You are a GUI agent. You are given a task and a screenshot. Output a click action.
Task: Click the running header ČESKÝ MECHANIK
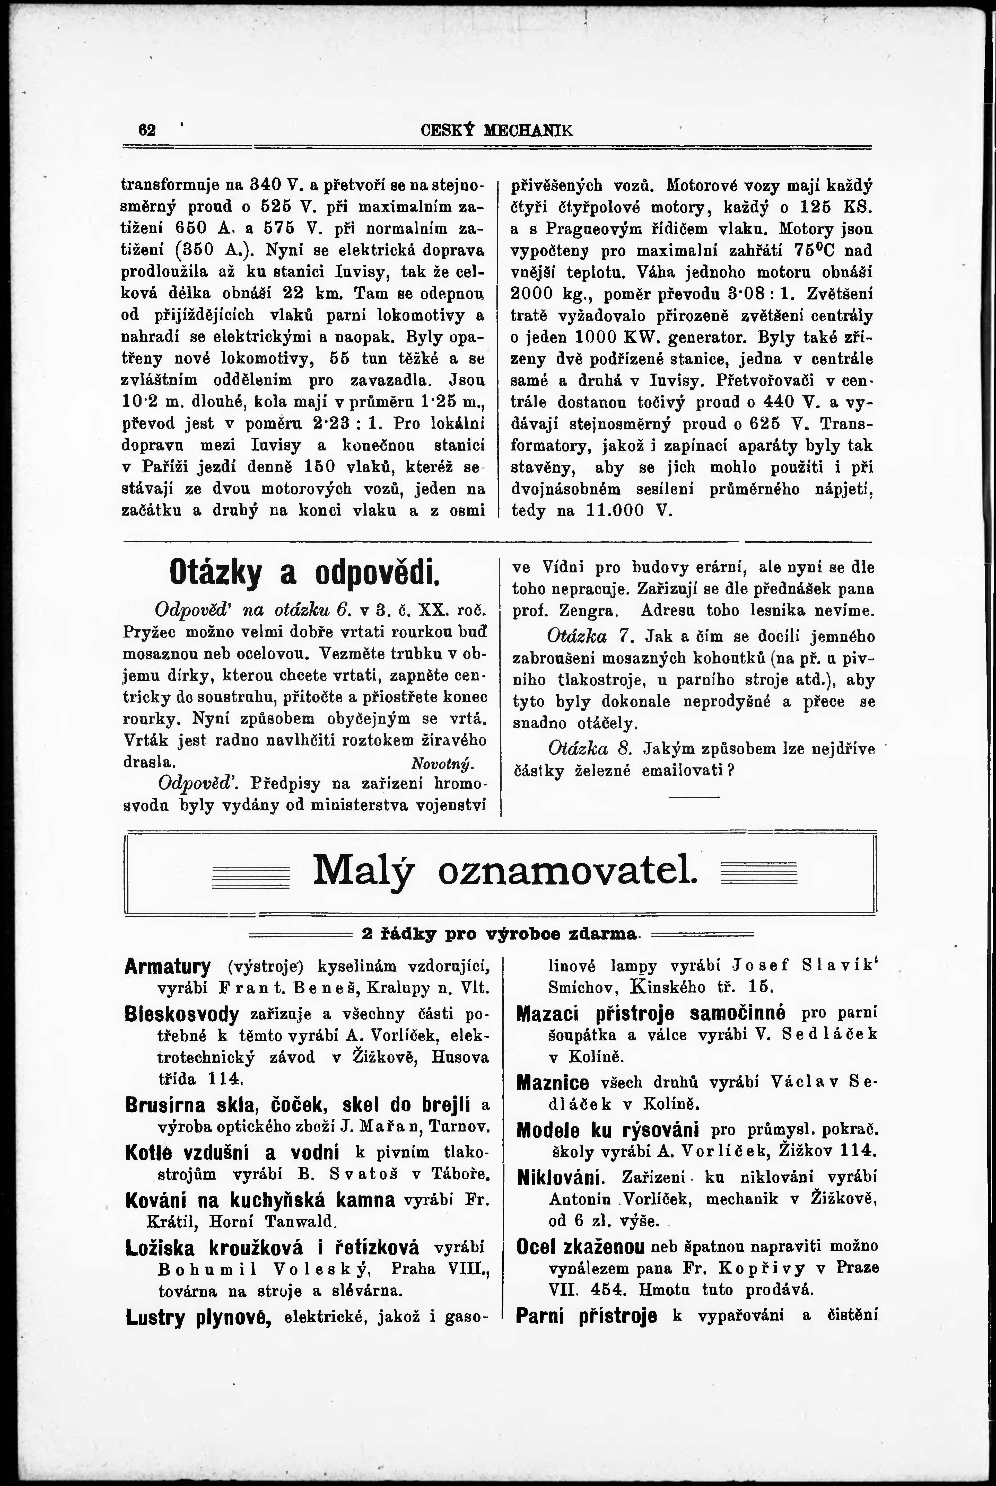pyautogui.click(x=497, y=130)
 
